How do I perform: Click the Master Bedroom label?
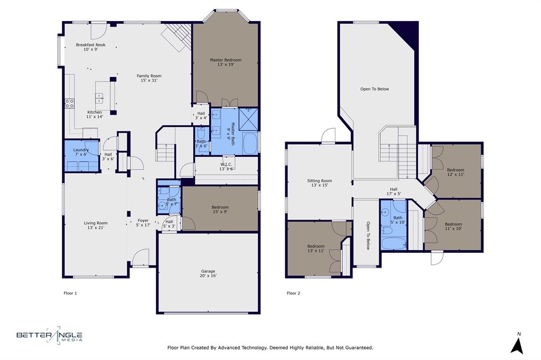(x=226, y=62)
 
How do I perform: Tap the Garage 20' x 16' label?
(x=208, y=273)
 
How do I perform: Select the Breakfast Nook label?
(x=90, y=47)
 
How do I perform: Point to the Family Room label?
(x=149, y=78)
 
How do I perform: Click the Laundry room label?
(x=81, y=152)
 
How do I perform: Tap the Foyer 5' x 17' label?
(x=143, y=223)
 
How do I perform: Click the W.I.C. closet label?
(x=226, y=167)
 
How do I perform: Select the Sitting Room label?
(x=320, y=183)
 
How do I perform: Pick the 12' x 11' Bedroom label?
(x=455, y=172)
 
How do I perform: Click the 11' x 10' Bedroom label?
(x=453, y=226)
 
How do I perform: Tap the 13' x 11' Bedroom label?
(x=316, y=249)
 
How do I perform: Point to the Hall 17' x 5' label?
(x=394, y=191)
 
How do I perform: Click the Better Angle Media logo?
(x=49, y=335)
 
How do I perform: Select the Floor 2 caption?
(x=293, y=293)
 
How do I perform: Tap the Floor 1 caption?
(x=70, y=293)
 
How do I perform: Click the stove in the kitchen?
(x=69, y=103)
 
